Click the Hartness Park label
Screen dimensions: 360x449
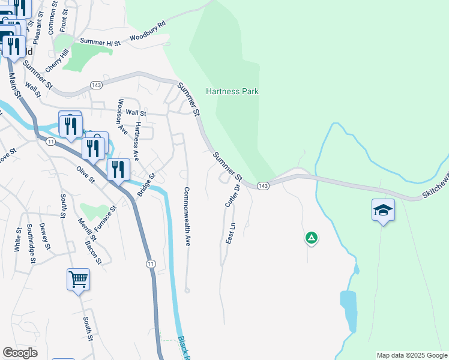click(x=232, y=92)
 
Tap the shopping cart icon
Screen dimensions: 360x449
click(x=78, y=280)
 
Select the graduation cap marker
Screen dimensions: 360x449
click(x=383, y=211)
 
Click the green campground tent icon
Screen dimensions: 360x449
click(x=311, y=238)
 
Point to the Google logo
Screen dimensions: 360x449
click(x=20, y=353)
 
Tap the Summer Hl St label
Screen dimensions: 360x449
click(x=100, y=42)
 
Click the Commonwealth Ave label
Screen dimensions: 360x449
click(x=187, y=217)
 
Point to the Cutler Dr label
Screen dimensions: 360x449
click(x=232, y=196)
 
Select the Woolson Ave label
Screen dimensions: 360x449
click(x=122, y=116)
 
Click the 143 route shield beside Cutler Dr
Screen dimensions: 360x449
click(x=263, y=187)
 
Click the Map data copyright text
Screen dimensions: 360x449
click(x=412, y=355)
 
